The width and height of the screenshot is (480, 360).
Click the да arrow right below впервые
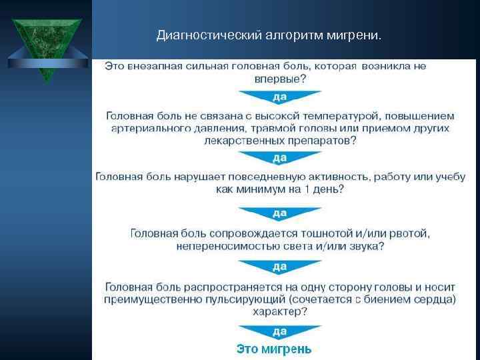[280, 97]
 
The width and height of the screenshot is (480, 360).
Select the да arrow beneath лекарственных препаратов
[280, 158]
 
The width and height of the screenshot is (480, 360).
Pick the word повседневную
[272, 177]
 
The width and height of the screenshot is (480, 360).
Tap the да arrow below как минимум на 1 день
[280, 213]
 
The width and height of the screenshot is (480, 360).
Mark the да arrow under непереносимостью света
[280, 267]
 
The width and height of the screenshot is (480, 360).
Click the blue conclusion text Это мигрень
[274, 349]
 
